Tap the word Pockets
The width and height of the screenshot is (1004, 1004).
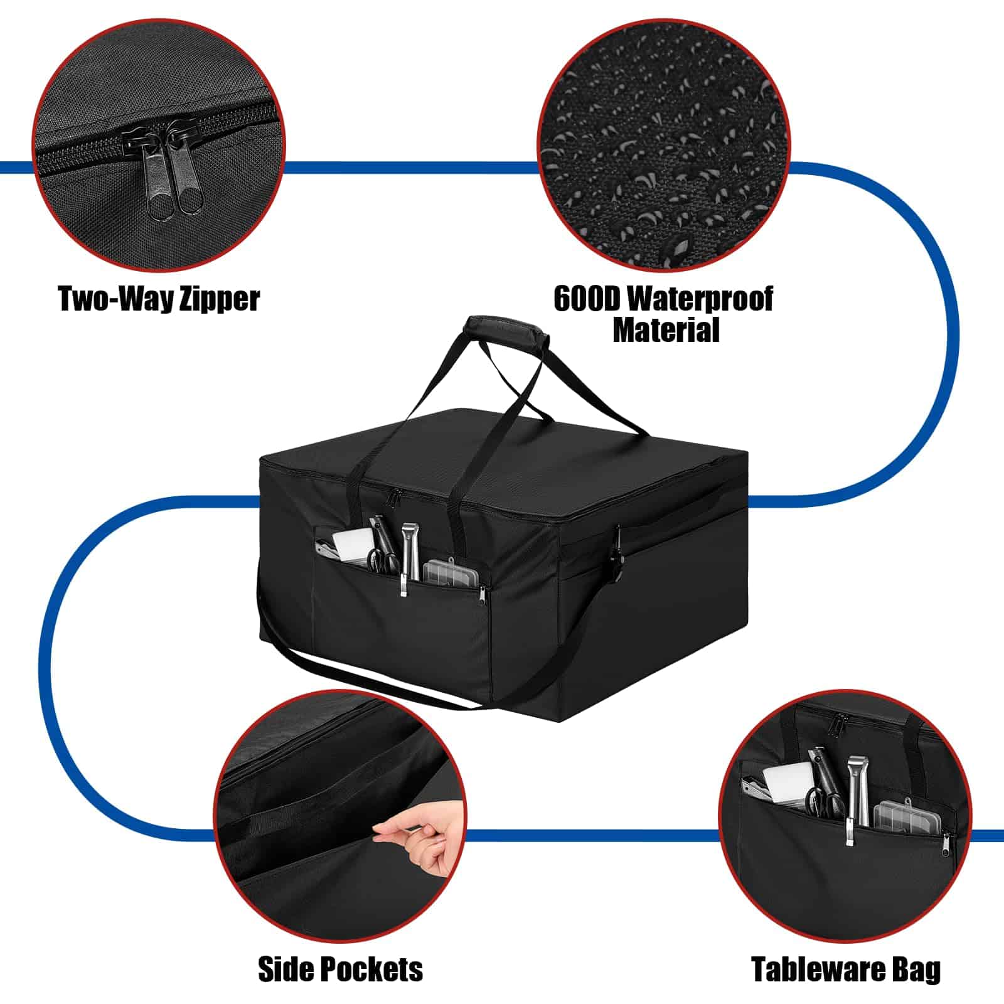(375, 969)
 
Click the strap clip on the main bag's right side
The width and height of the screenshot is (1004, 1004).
(617, 555)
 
